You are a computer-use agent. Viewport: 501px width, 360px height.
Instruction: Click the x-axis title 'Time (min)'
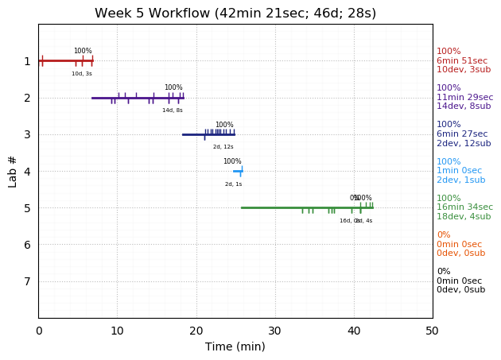[x=235, y=346]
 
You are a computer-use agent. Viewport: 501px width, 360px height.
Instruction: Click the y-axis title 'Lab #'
[x=13, y=171]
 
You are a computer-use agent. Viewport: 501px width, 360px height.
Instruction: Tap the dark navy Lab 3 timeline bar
[x=208, y=134]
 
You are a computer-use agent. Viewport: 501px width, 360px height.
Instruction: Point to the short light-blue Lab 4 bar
[x=237, y=171]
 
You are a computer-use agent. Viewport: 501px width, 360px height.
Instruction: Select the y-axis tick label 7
[x=27, y=281]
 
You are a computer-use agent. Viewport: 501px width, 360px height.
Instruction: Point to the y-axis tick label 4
[x=27, y=171]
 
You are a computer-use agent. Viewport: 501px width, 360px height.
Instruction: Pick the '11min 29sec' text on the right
[x=464, y=98]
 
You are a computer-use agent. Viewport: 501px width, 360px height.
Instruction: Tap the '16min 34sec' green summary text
[x=464, y=207]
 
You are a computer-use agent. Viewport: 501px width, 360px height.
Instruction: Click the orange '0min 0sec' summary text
[x=459, y=245]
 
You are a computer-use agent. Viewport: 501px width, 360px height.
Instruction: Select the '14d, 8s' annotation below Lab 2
[x=173, y=110]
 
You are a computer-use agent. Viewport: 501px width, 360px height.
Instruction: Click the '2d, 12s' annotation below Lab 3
[x=223, y=147]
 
